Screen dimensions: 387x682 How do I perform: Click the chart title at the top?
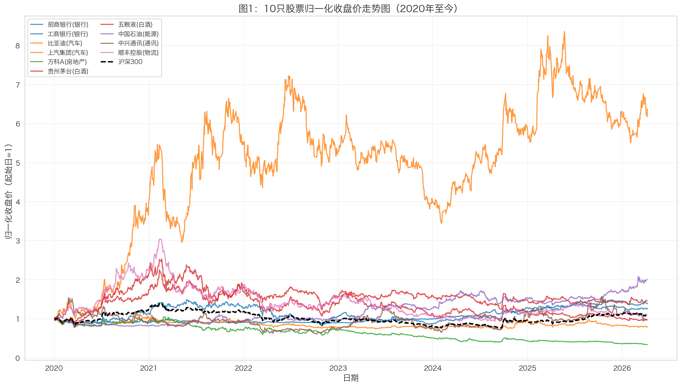pos(348,8)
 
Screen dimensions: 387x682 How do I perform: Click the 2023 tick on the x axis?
pos(338,368)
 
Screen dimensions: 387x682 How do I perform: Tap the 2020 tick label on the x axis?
pos(54,368)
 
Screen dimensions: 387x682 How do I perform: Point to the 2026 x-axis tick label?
pos(622,368)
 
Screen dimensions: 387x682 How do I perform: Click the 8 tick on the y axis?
pos(18,46)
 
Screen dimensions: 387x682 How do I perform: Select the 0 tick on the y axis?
pos(18,358)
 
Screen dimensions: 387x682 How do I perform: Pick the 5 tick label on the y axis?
pos(18,163)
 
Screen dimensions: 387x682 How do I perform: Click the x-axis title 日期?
pos(351,378)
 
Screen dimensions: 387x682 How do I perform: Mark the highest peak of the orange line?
pos(564,32)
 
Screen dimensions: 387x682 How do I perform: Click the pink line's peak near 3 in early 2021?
pos(160,239)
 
